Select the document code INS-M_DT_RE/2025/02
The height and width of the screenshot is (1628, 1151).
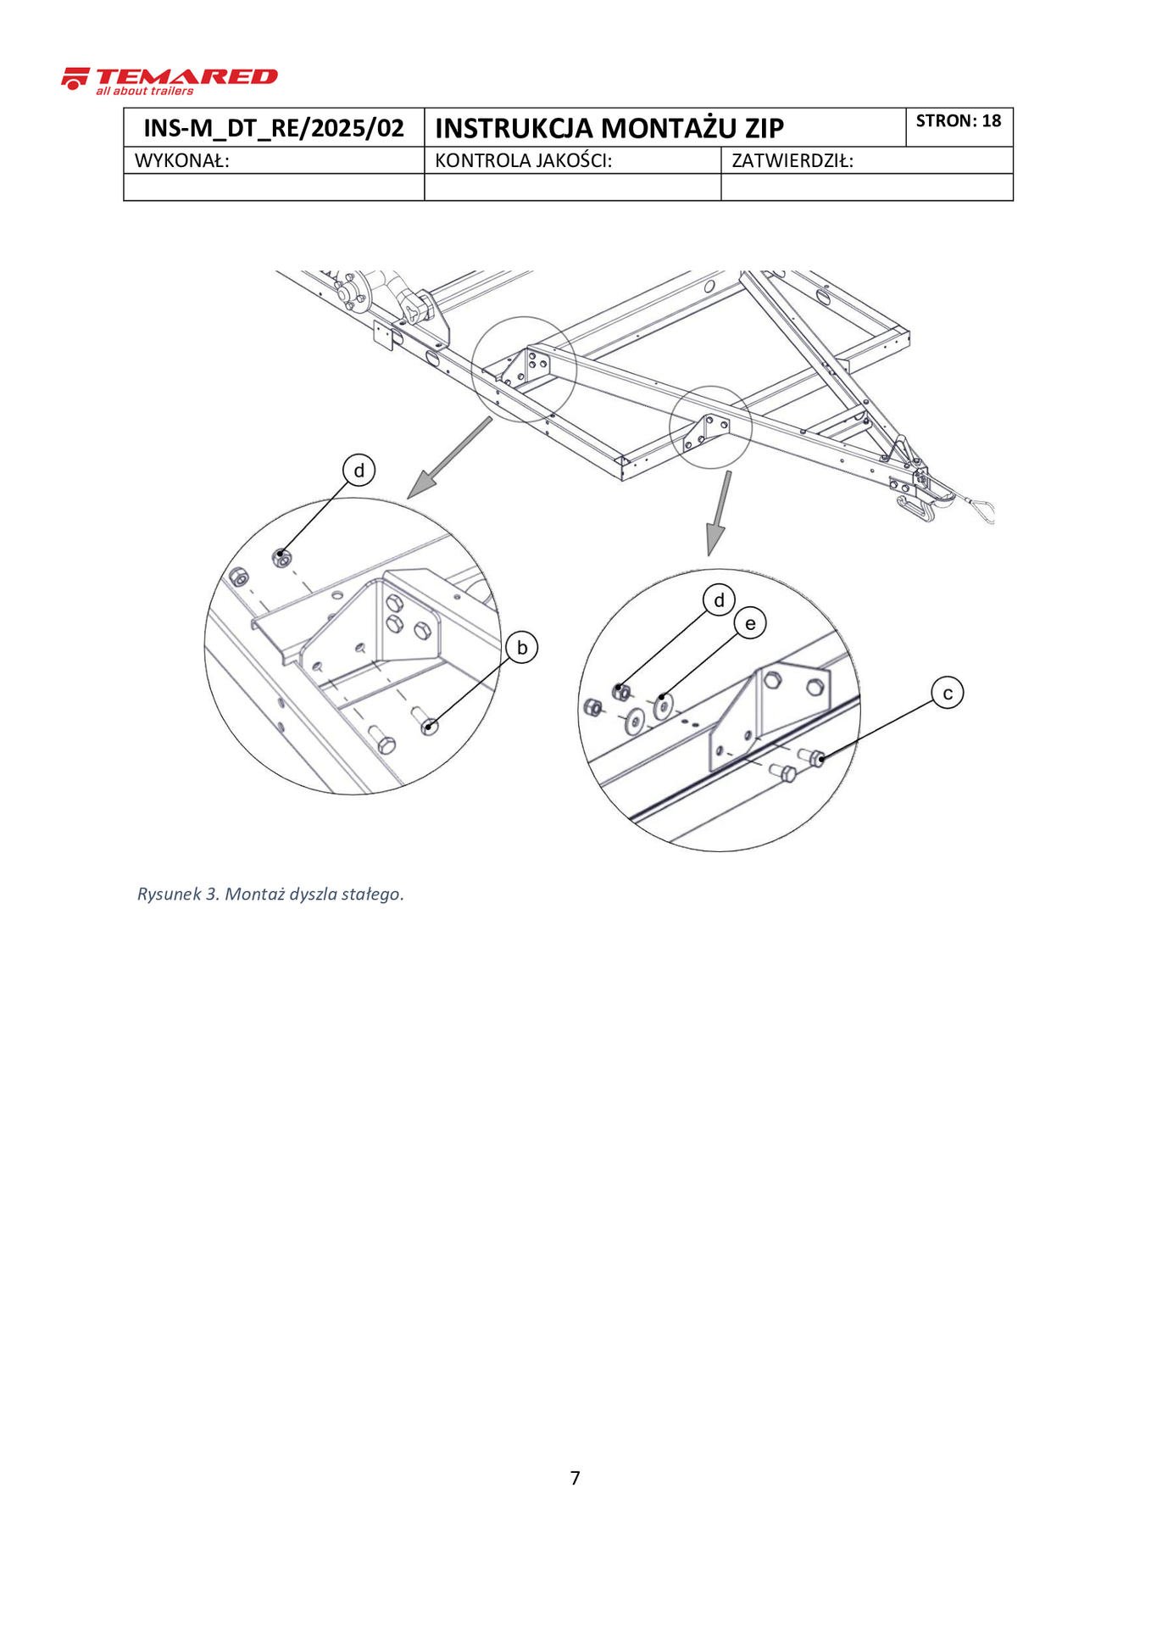[x=274, y=128]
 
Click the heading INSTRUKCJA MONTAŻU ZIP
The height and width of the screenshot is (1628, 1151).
[x=609, y=128]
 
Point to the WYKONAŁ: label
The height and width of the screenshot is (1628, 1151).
[x=182, y=160]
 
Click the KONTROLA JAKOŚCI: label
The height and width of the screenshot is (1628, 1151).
[x=523, y=160]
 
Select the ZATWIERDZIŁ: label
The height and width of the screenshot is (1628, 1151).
[x=792, y=160]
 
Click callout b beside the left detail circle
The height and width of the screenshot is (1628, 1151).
[x=522, y=648]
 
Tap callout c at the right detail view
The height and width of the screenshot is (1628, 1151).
[x=948, y=694]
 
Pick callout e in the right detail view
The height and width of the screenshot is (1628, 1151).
[x=750, y=624]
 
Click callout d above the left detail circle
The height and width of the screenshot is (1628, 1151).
[x=359, y=470]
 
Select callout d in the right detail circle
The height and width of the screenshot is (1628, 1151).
[x=720, y=600]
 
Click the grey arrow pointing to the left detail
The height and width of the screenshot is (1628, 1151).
[x=449, y=458]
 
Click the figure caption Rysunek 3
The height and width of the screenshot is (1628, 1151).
[x=270, y=894]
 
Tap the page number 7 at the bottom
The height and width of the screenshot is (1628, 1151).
[x=575, y=1478]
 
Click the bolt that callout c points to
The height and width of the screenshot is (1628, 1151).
[x=812, y=756]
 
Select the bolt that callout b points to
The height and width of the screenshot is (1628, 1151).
[x=425, y=722]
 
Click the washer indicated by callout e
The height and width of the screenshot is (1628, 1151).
[x=664, y=704]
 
